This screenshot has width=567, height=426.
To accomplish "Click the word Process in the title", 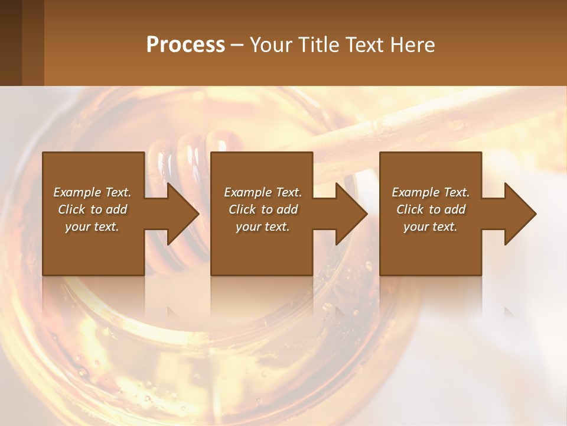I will click(185, 45).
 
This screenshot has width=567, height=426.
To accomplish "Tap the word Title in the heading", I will click(314, 45).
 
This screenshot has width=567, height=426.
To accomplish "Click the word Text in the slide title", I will click(364, 45).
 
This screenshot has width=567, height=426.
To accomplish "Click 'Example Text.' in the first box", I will click(92, 192).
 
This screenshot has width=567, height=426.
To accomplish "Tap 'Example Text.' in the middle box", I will click(263, 192).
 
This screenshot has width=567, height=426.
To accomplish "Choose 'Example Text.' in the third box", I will click(431, 192).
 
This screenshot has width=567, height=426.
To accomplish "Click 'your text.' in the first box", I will click(92, 227).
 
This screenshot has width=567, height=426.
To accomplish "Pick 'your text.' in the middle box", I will click(263, 227).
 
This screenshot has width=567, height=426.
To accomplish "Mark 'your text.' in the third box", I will click(431, 227).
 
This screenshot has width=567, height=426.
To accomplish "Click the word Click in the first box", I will click(71, 209).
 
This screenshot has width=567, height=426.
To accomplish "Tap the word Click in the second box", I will click(242, 209).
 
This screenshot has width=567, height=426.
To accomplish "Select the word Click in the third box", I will click(410, 209).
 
